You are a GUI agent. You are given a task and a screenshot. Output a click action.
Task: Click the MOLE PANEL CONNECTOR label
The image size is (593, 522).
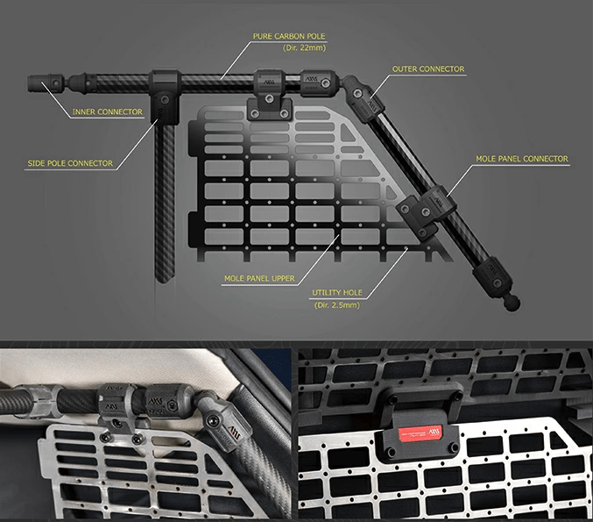click(522, 160)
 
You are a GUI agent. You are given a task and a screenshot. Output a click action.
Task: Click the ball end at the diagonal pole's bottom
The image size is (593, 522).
click(511, 302)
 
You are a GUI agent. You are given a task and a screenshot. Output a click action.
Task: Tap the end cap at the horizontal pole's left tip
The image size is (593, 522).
click(39, 85)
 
